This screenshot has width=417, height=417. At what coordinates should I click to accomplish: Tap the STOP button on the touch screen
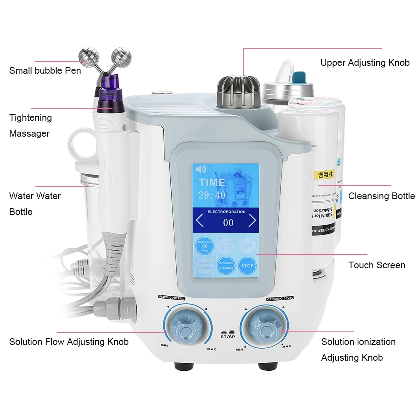[x=247, y=265]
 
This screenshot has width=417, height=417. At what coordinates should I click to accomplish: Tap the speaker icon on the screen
[x=201, y=169]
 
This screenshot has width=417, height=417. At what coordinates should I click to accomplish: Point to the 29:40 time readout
[x=212, y=195]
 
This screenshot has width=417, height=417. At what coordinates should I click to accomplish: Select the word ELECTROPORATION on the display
[x=227, y=212]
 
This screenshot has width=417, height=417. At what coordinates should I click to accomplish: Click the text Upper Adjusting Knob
[x=365, y=63]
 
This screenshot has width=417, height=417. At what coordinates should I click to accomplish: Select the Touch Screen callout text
[x=377, y=265]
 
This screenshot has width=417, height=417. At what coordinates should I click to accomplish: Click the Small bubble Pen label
[x=45, y=70]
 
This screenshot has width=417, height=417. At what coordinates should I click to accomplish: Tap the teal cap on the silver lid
[x=299, y=78]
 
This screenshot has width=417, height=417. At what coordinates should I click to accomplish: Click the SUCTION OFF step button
[x=226, y=246]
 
